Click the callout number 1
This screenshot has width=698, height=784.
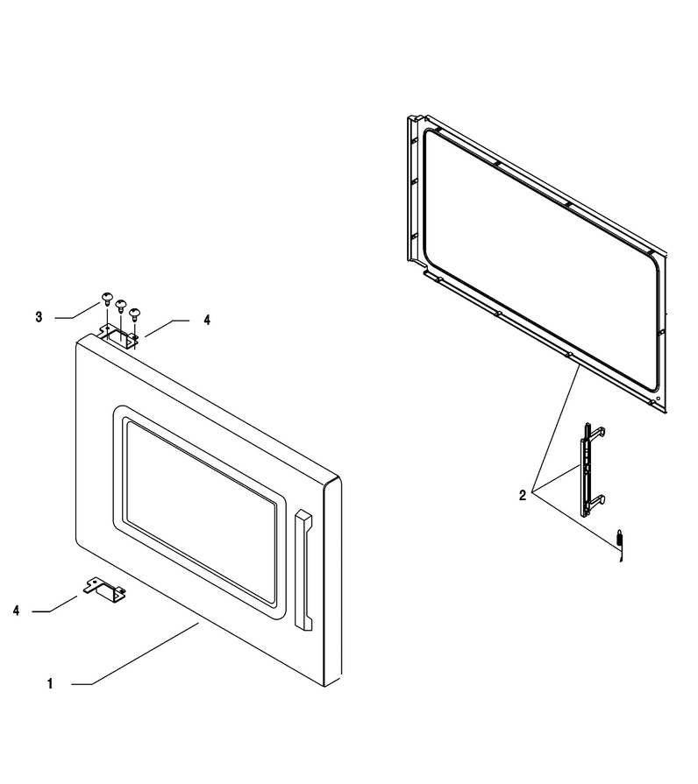point(50,683)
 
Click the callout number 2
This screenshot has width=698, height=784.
point(523,496)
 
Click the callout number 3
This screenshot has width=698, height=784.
point(39,316)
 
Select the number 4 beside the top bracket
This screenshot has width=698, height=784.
point(207,320)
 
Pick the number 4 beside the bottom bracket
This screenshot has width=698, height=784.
point(16,611)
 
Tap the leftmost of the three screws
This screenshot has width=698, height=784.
point(107,299)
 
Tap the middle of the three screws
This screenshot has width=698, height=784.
point(121,305)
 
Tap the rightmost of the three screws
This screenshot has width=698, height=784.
point(134,314)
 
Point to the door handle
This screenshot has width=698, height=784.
point(303,570)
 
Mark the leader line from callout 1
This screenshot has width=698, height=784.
point(135,653)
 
